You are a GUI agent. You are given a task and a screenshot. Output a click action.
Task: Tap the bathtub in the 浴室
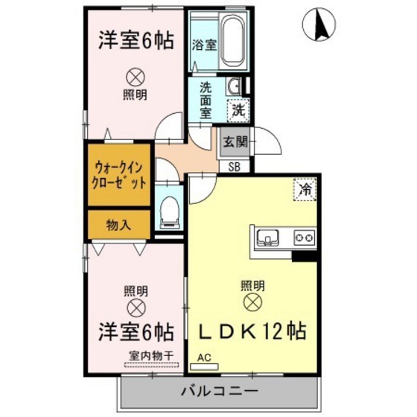tap(232, 41)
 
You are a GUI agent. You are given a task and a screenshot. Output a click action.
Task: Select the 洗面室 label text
tap(206, 99)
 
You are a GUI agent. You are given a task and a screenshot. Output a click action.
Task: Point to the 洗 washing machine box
tap(238, 111)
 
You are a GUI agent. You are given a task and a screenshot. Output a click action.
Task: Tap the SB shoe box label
tap(234, 167)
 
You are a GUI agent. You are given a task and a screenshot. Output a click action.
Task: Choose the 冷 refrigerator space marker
tap(304, 189)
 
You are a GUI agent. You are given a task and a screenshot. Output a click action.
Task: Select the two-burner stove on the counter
tap(304, 238)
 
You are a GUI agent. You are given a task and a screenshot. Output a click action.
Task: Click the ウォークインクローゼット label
tap(118, 176)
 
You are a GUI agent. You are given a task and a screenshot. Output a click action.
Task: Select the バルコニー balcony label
tap(219, 391)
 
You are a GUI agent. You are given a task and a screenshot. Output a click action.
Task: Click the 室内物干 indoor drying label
tap(150, 357)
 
